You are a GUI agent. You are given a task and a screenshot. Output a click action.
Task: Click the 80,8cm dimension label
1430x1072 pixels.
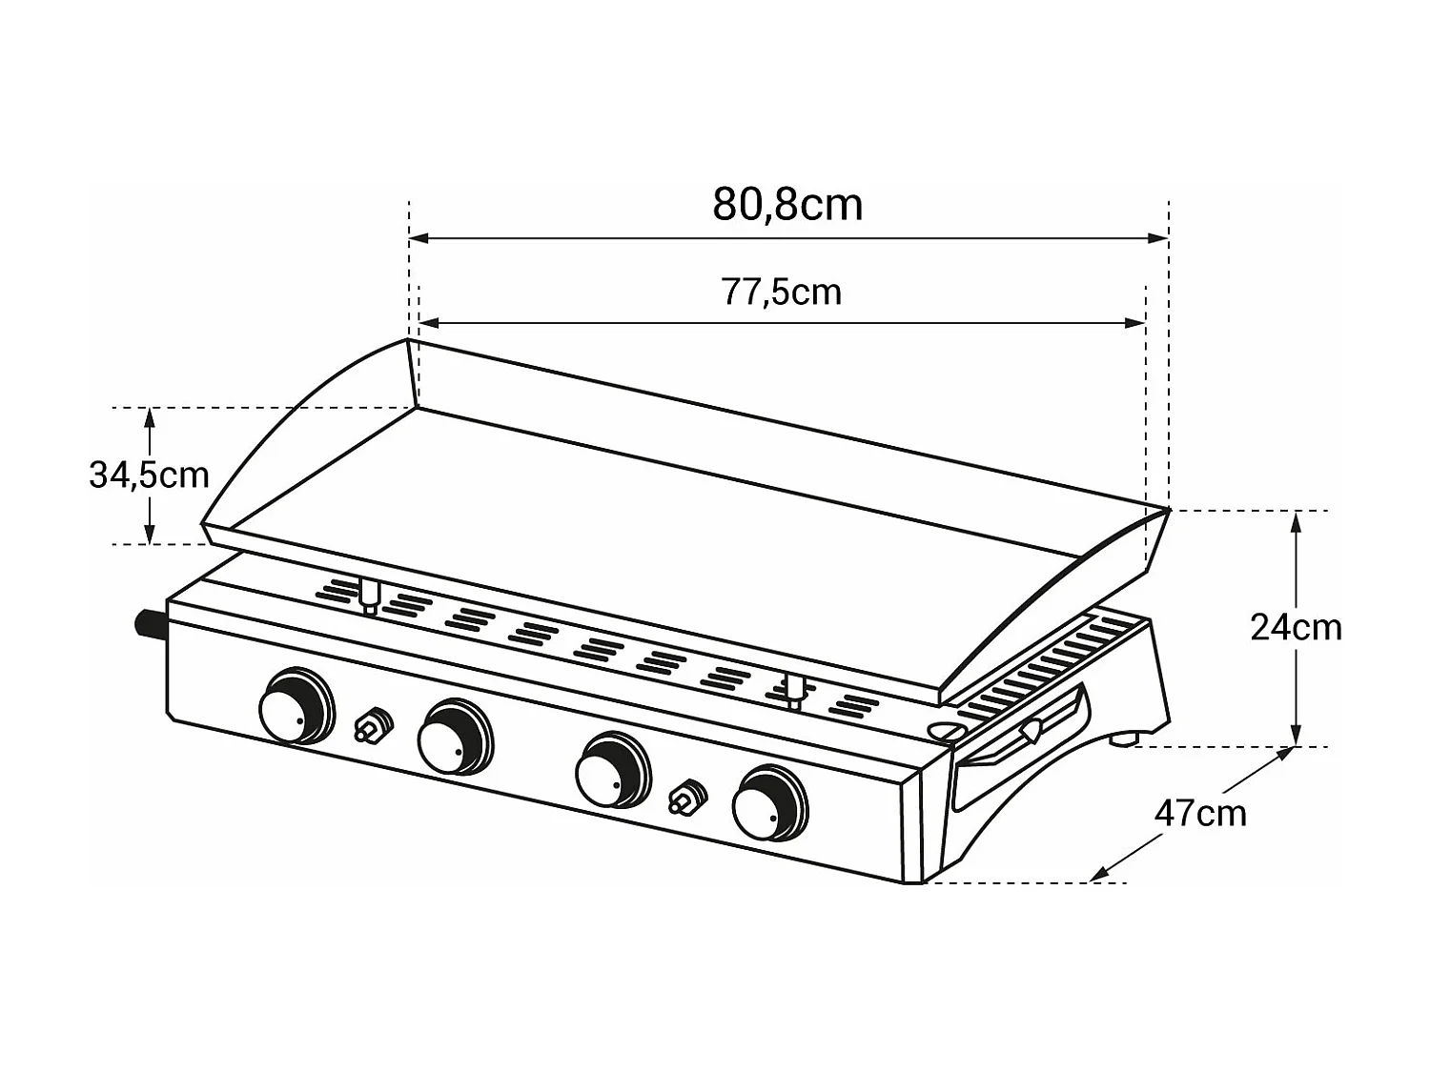pyautogui.click(x=787, y=205)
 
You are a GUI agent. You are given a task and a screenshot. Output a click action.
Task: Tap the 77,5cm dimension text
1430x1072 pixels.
pyautogui.click(x=782, y=292)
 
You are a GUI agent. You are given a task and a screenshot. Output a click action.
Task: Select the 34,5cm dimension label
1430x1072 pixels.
pyautogui.click(x=149, y=475)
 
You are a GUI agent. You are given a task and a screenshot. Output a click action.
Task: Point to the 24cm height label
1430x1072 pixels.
pyautogui.click(x=1296, y=628)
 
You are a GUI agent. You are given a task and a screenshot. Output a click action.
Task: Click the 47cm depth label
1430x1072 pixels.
pyautogui.click(x=1200, y=814)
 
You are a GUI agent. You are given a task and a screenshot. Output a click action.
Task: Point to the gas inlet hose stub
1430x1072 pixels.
pyautogui.click(x=151, y=626)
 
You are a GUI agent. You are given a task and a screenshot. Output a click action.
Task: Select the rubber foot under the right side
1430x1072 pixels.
pyautogui.click(x=1126, y=738)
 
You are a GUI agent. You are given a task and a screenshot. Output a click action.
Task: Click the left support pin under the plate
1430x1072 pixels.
pyautogui.click(x=368, y=596)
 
